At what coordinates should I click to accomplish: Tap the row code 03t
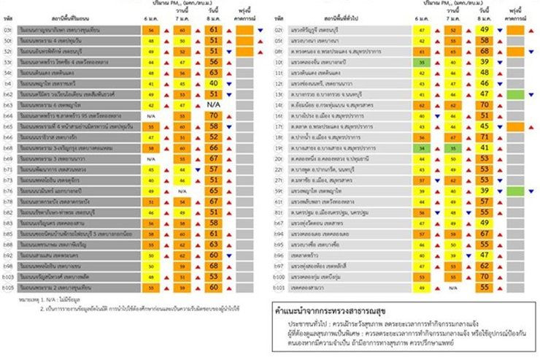(x=7, y=30)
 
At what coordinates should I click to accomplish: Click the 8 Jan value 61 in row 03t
(x=214, y=30)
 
